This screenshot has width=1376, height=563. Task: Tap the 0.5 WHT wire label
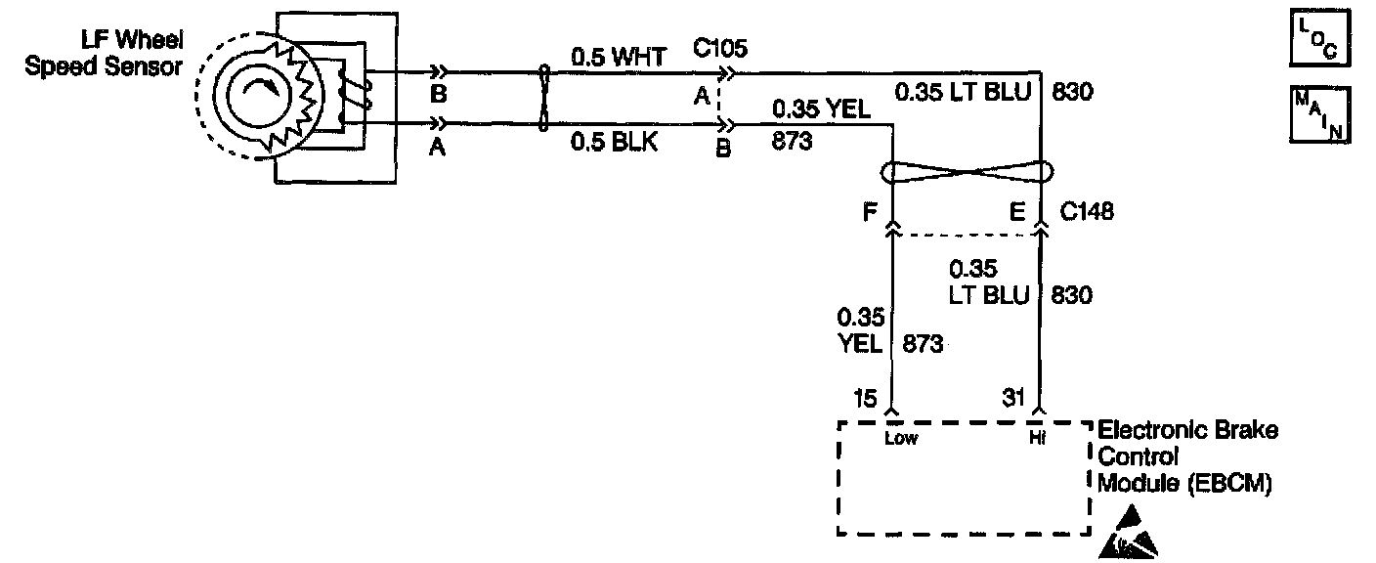tap(618, 58)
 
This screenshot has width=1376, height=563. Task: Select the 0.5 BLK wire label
tap(615, 143)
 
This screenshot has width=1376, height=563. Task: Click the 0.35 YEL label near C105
tap(821, 109)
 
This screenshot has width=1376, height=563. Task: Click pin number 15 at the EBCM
tap(865, 397)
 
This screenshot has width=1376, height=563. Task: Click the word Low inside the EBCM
tap(900, 438)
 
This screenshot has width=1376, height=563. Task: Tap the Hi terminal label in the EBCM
tap(1037, 438)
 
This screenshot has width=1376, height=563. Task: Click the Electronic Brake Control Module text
tap(1186, 455)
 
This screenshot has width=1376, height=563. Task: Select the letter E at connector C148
tap(1016, 210)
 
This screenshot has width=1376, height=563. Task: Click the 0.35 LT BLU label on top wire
tap(967, 94)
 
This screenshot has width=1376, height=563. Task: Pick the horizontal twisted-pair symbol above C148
tap(966, 173)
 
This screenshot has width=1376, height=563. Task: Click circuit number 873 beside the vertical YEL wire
tap(924, 344)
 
